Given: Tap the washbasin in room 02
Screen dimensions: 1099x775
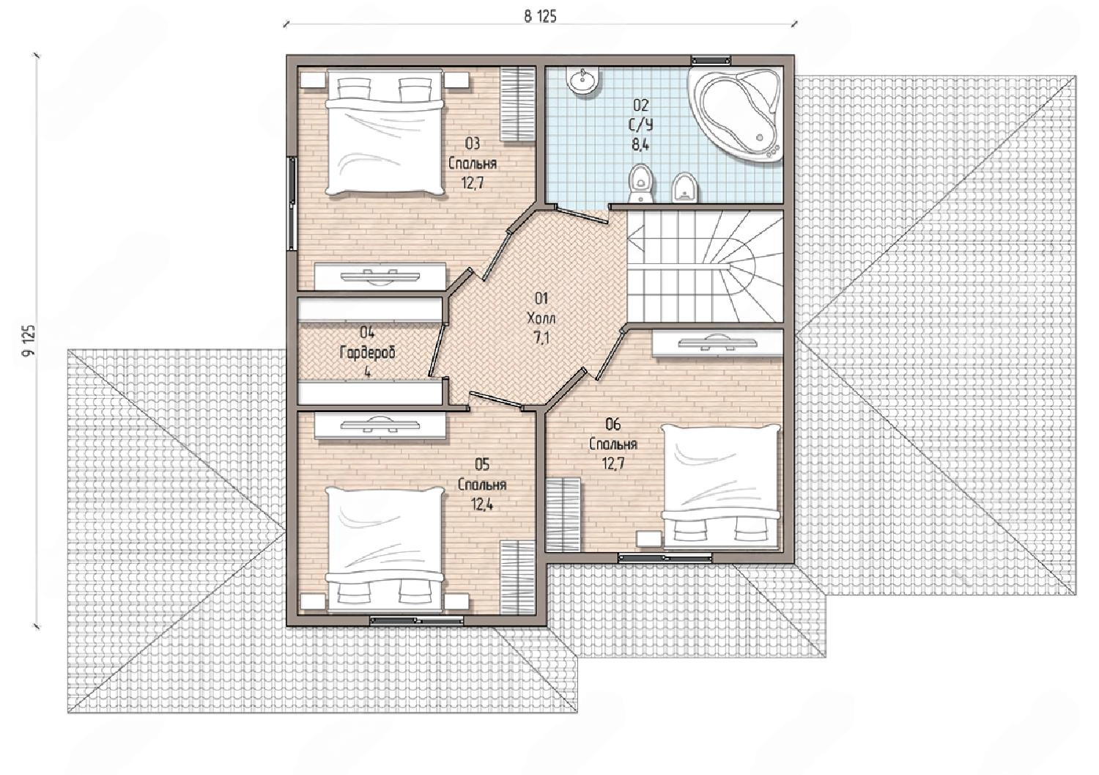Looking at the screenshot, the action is (582, 81).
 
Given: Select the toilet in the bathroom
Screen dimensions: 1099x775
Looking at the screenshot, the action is (642, 183).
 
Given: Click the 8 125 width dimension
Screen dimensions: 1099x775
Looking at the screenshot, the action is (540, 17).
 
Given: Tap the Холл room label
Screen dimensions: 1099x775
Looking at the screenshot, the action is (541, 318).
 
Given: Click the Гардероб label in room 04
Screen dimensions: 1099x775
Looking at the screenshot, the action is (367, 353).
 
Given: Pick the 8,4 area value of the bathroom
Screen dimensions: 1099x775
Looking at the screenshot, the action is (641, 145).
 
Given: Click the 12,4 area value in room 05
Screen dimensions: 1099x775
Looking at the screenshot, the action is (482, 504).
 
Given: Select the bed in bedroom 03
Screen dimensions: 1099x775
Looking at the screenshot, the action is (385, 133).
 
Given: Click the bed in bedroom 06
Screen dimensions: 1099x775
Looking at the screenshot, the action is (720, 486).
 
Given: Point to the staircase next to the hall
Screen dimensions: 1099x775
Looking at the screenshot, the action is (705, 267).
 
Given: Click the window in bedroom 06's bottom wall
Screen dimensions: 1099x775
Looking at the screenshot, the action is (665, 557).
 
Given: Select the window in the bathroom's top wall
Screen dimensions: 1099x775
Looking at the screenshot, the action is (711, 60).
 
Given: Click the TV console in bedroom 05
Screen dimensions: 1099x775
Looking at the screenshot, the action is (380, 425).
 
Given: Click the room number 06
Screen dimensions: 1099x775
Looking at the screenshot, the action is (613, 424).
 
